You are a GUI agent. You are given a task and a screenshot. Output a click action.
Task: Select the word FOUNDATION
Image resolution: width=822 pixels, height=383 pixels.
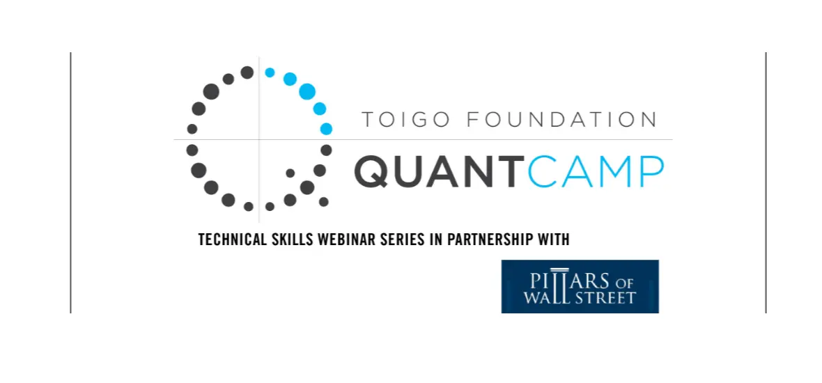click(x=561, y=120)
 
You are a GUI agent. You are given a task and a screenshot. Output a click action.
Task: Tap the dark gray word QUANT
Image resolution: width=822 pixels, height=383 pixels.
click(x=440, y=171)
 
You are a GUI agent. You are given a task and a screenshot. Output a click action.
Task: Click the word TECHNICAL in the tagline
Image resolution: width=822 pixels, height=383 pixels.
click(x=233, y=240)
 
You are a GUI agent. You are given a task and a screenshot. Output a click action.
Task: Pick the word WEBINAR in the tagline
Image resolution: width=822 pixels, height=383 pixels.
click(x=343, y=240)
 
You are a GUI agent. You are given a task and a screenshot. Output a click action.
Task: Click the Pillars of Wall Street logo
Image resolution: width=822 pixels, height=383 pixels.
click(x=580, y=287)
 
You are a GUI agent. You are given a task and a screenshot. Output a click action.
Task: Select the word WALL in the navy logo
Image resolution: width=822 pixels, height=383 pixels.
click(x=543, y=297)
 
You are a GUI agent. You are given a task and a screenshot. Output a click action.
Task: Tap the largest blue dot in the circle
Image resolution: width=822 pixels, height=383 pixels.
click(x=307, y=92)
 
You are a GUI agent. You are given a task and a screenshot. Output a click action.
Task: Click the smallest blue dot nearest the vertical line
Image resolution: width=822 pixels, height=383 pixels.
click(x=270, y=73)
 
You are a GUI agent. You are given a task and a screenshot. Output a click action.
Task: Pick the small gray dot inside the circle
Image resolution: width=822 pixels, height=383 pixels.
click(x=290, y=173)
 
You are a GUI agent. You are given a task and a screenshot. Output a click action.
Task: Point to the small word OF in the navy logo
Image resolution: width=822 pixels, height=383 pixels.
click(x=628, y=283)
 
